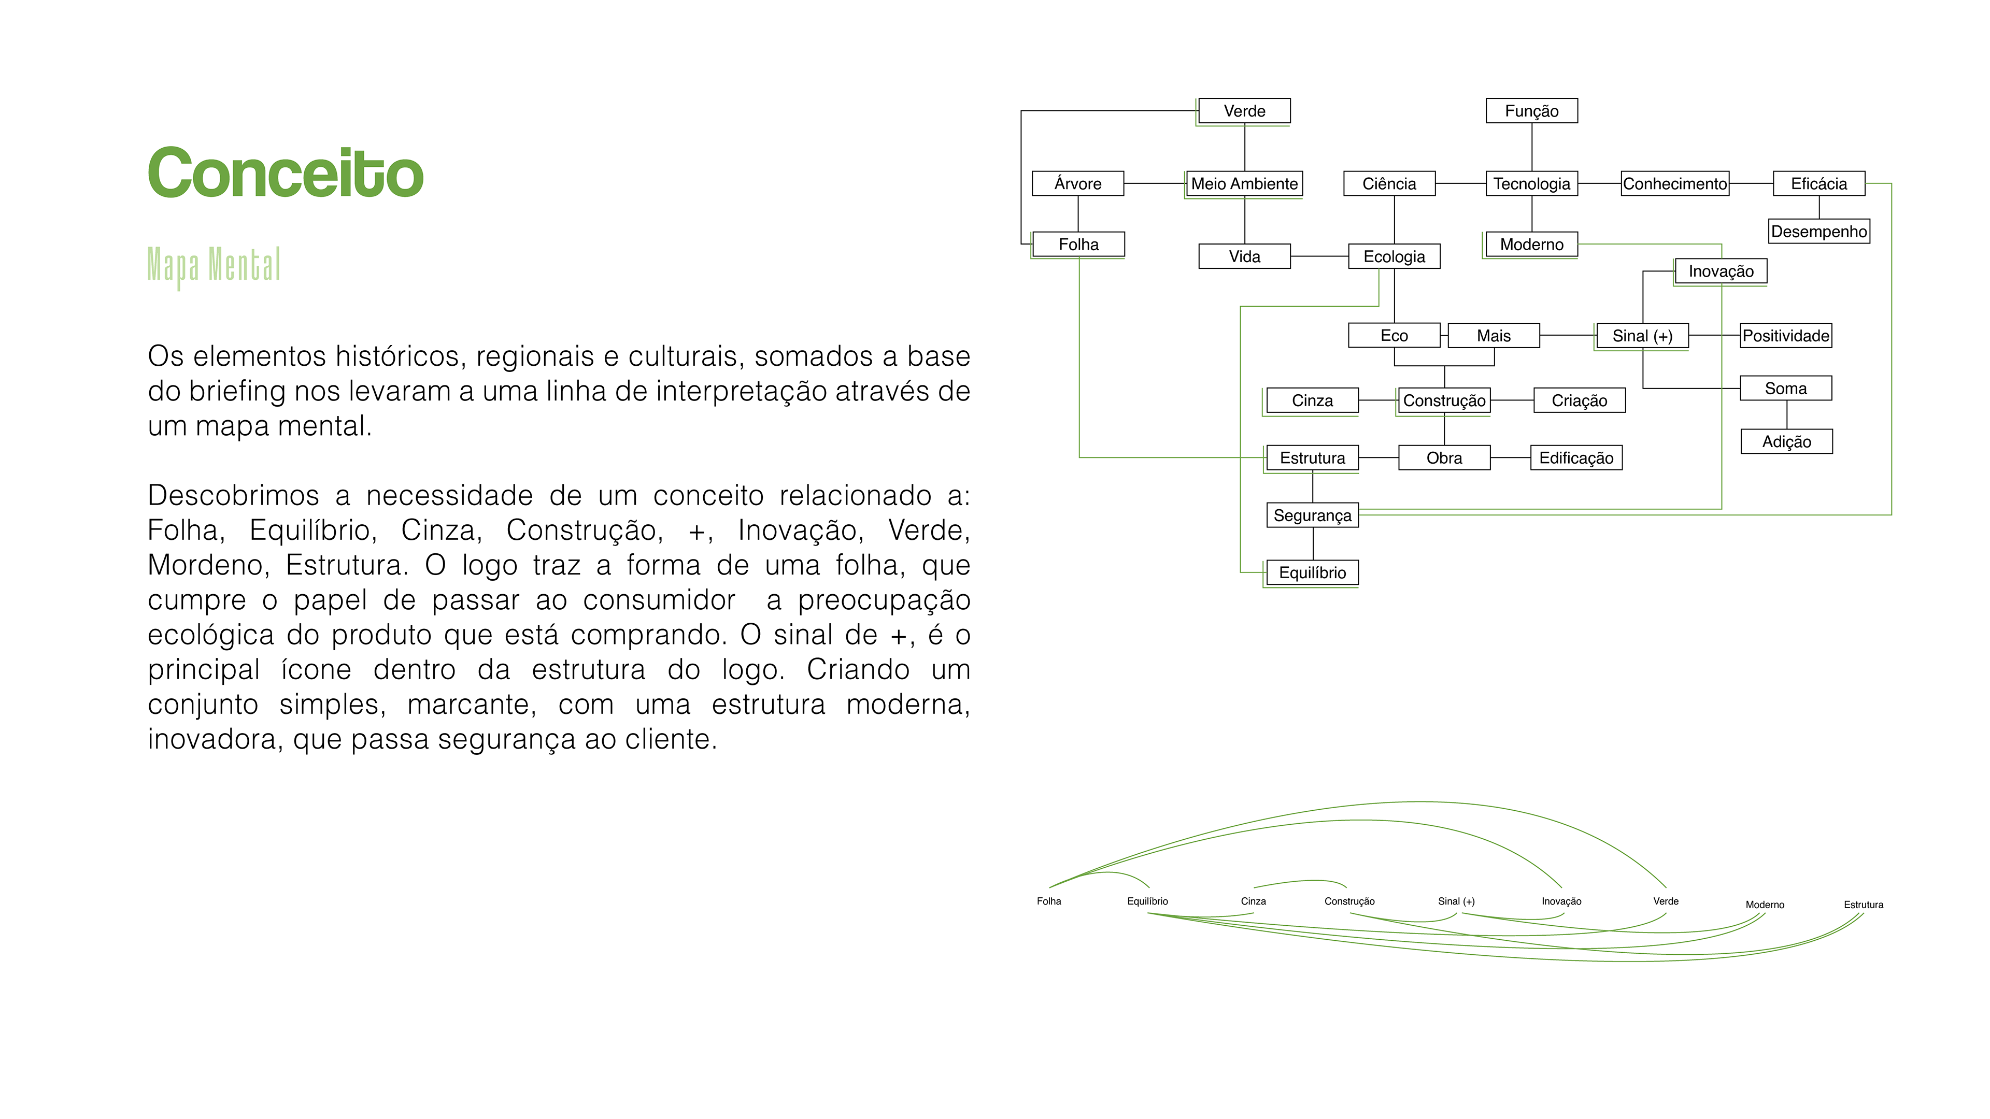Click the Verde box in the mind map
(x=1244, y=111)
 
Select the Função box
(x=1531, y=111)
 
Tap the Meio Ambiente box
(x=1244, y=184)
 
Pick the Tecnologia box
(x=1531, y=184)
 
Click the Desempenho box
(x=1818, y=232)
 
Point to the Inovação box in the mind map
(x=1721, y=271)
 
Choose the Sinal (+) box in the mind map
(x=1642, y=336)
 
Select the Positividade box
(x=1785, y=336)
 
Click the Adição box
(x=1786, y=442)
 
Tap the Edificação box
(x=1576, y=458)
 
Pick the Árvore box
(x=1078, y=184)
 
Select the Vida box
(x=1244, y=256)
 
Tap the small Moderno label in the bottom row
(x=1765, y=905)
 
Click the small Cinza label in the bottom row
(x=1253, y=901)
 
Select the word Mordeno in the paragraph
(x=205, y=565)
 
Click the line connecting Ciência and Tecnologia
(x=1460, y=184)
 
